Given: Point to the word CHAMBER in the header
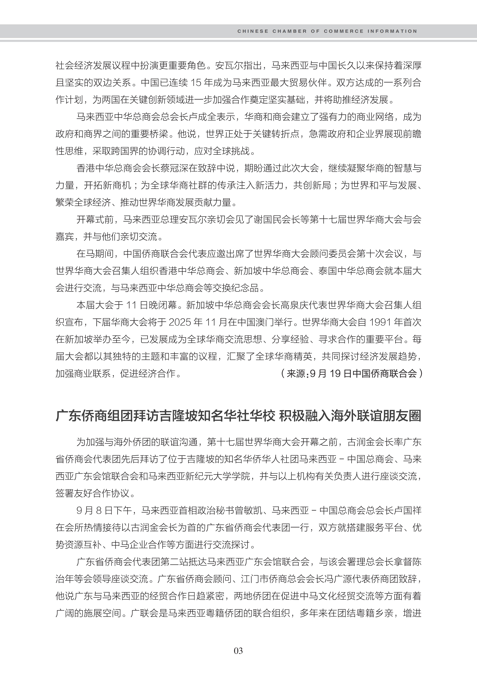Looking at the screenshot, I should (x=290, y=31).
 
